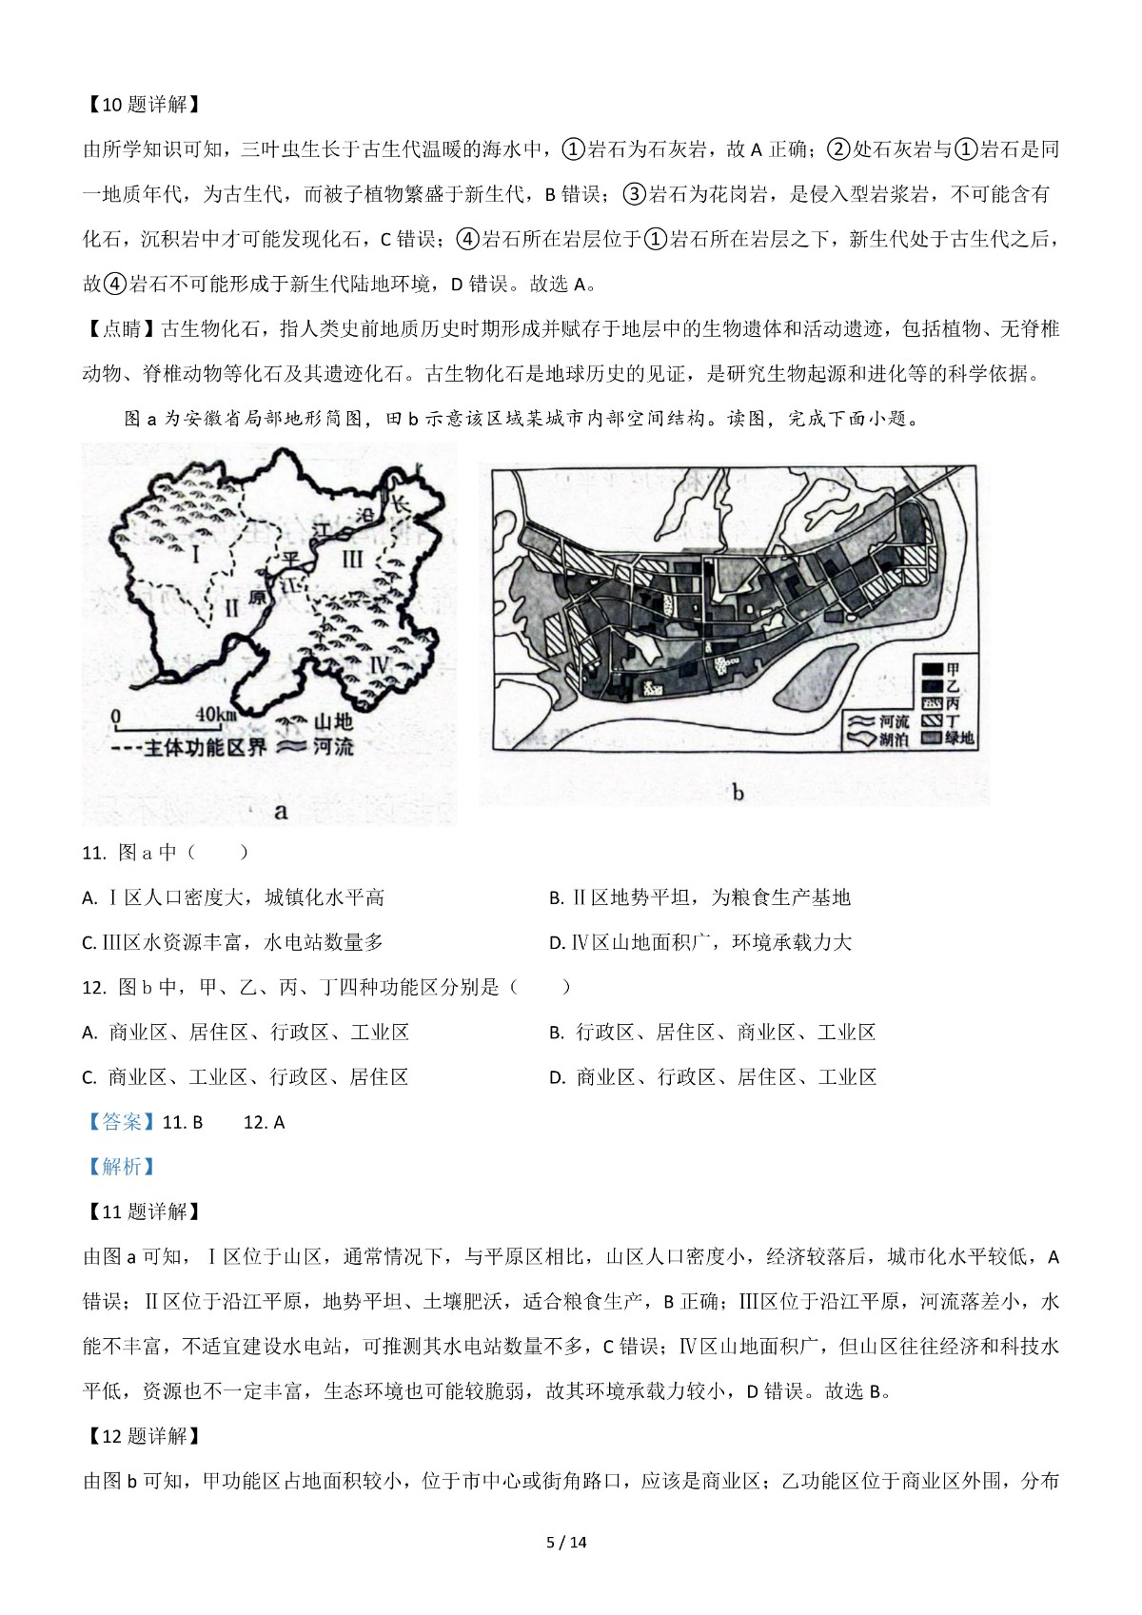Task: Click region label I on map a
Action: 196,552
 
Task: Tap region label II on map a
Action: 231,608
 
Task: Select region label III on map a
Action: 352,559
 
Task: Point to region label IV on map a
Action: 378,664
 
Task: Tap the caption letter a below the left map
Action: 280,811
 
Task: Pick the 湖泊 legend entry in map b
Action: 894,739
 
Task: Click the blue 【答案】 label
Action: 120,1122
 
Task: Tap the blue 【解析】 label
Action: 120,1167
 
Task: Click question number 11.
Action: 93,853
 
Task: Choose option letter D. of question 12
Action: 559,1077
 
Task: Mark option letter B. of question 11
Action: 558,897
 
